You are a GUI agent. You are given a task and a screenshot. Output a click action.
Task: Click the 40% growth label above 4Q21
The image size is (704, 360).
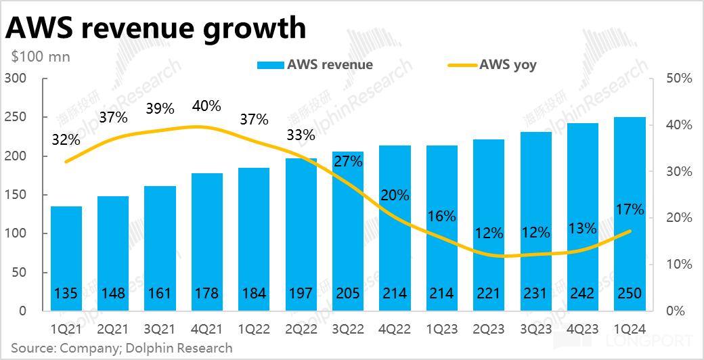[206, 106]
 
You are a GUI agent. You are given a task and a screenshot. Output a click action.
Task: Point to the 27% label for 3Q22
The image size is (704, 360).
[348, 162]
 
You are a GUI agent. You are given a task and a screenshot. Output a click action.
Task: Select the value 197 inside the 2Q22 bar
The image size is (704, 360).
[301, 294]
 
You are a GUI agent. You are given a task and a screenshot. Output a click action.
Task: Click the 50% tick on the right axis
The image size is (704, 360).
[678, 78]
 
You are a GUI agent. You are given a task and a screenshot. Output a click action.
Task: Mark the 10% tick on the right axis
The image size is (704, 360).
[678, 265]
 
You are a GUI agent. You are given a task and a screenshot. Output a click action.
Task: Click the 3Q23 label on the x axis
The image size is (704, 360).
[535, 329]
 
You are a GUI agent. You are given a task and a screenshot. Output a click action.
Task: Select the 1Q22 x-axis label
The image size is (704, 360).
[254, 329]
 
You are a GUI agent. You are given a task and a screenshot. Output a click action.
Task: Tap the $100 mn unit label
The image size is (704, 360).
[41, 57]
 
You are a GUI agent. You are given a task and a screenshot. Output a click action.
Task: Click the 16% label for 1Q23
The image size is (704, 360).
[441, 217]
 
